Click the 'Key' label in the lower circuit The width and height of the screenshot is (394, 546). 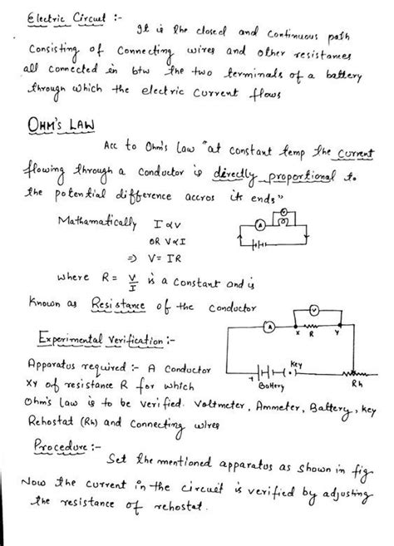[x=296, y=363]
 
